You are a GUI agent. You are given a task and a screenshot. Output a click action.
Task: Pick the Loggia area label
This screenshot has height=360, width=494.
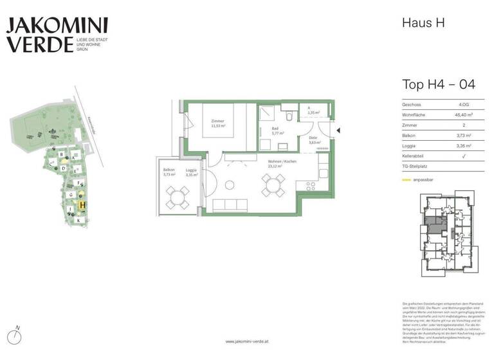tap(191, 172)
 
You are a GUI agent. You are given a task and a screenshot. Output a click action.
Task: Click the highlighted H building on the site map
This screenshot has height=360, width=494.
tap(82, 205)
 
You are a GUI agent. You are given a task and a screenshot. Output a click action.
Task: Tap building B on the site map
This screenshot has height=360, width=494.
tap(61, 155)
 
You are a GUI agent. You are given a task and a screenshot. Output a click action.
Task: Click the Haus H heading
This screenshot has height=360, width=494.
tap(423, 23)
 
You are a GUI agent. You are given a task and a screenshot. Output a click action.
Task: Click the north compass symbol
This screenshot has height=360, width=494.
tap(17, 336)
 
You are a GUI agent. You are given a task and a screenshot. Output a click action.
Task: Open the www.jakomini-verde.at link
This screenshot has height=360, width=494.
tap(247, 341)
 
